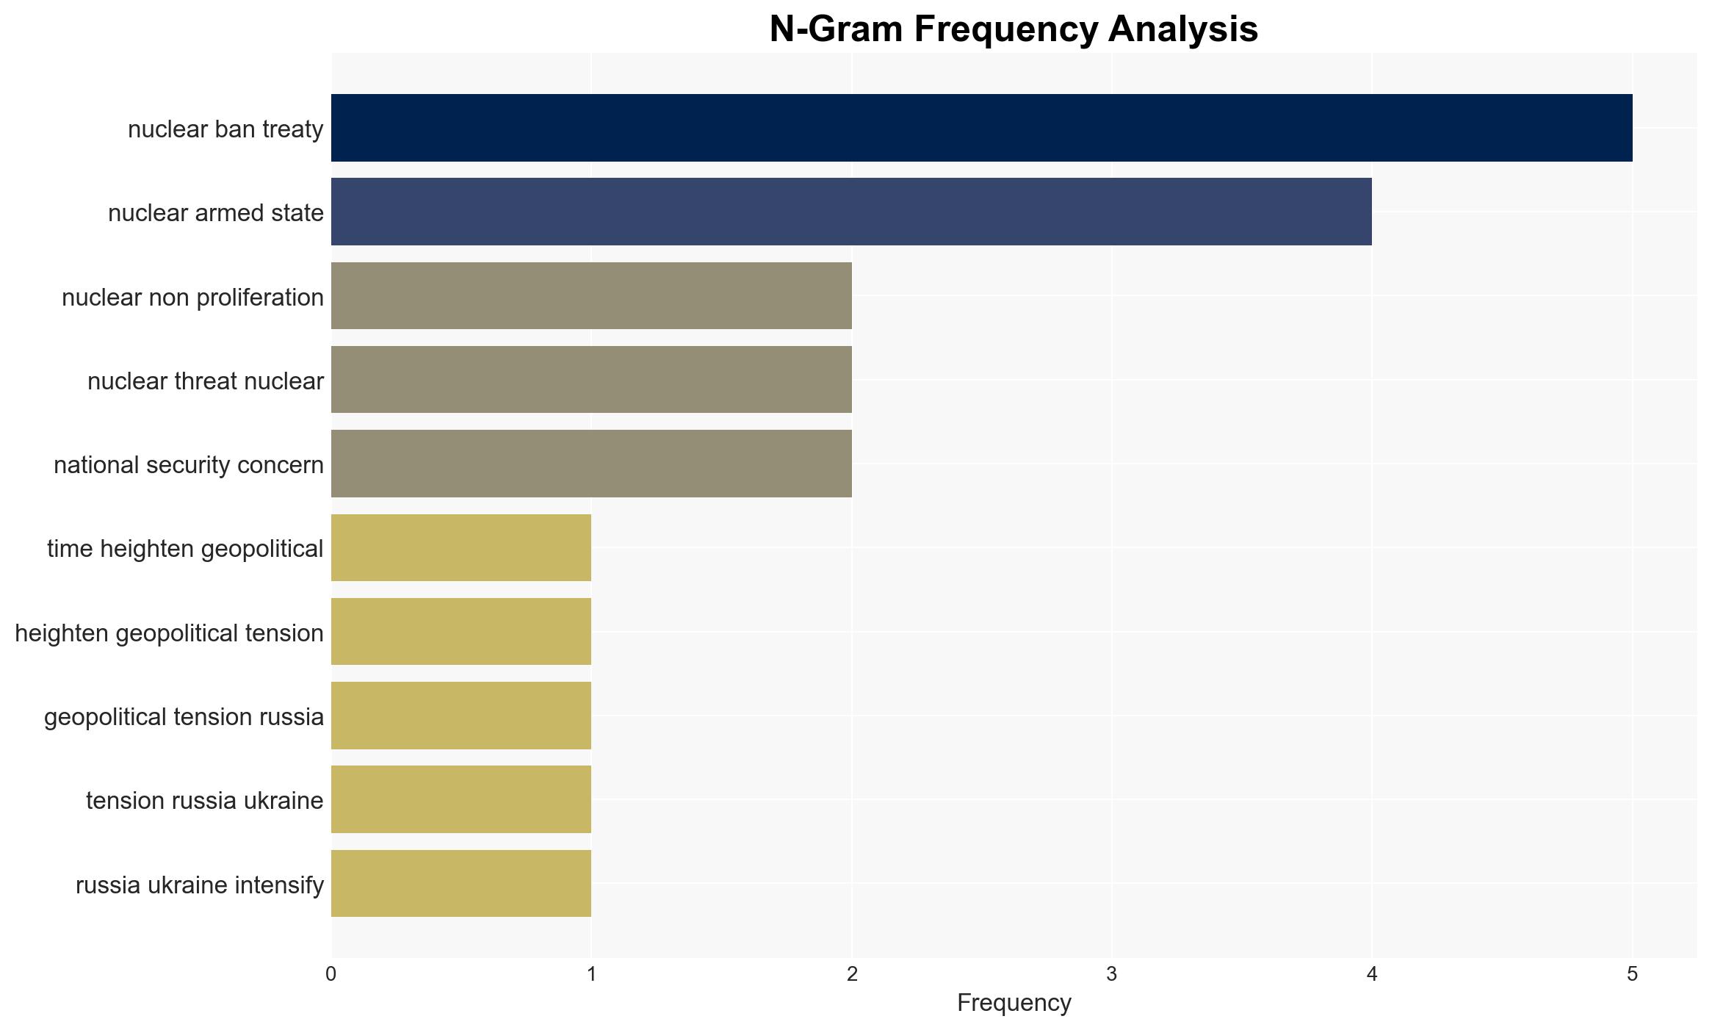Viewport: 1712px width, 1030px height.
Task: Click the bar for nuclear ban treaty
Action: [982, 128]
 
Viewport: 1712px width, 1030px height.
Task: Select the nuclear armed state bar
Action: [851, 212]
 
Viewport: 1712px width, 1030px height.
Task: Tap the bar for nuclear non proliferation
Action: [591, 296]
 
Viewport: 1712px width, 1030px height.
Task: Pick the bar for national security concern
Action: [591, 464]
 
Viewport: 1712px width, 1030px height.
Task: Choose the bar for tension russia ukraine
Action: [461, 799]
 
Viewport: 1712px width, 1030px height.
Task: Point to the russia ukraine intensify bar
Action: [461, 884]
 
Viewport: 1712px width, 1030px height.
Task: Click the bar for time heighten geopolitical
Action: [461, 548]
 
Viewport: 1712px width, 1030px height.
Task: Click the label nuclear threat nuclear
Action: [206, 381]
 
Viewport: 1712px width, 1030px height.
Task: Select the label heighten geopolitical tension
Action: [169, 633]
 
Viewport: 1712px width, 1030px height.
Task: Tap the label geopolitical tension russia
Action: [184, 717]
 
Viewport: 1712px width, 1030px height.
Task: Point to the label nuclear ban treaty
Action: [225, 129]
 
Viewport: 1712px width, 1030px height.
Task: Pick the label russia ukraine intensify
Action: [200, 885]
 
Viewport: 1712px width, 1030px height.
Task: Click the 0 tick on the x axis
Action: [331, 974]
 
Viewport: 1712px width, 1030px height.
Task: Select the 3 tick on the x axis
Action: [1112, 974]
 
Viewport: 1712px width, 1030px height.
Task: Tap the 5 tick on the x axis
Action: [1633, 974]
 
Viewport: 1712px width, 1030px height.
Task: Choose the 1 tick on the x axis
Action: [591, 974]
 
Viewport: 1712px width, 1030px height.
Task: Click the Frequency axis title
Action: [1014, 1003]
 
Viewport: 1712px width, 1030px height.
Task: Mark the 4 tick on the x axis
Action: [1372, 974]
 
